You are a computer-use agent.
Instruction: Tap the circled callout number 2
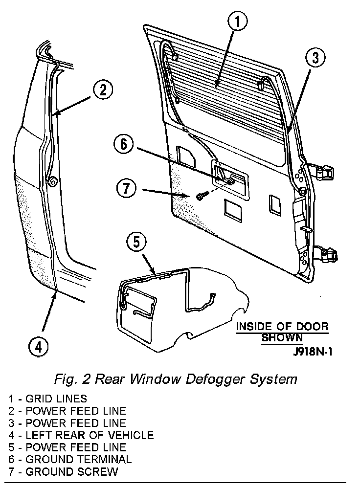[103, 90]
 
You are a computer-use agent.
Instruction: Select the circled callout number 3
[315, 58]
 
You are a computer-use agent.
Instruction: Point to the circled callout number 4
[39, 347]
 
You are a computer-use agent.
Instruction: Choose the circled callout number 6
[123, 144]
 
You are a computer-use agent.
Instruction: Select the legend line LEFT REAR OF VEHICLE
[81, 435]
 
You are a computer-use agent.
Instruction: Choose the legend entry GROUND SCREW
[63, 472]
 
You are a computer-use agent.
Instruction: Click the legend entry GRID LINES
[47, 399]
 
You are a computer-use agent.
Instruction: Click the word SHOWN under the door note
[281, 337]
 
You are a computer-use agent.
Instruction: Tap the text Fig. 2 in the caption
[69, 379]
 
